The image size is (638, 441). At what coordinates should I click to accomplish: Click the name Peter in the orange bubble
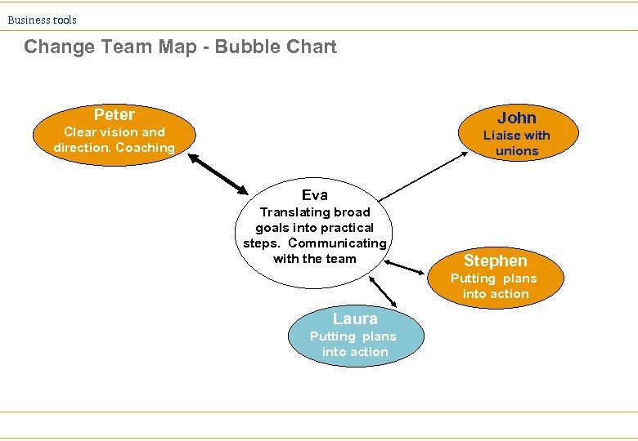coord(114,114)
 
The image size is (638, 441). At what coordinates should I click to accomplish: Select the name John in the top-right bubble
coord(516,118)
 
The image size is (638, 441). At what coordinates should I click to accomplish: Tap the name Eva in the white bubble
coord(314,194)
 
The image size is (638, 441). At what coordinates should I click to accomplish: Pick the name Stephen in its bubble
coord(495,261)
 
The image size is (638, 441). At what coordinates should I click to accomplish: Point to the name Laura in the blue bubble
coord(355,318)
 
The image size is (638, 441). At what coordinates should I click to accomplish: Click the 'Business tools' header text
coord(43,20)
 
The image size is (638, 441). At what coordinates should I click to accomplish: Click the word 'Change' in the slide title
coord(60,47)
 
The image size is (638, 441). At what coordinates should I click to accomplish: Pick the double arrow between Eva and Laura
coord(383,291)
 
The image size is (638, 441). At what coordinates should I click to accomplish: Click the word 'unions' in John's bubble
coord(517,151)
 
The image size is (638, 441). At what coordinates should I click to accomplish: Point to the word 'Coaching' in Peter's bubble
coord(146,148)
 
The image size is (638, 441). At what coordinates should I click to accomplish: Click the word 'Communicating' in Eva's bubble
coord(337,243)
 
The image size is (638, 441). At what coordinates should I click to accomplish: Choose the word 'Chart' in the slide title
coord(311,47)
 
